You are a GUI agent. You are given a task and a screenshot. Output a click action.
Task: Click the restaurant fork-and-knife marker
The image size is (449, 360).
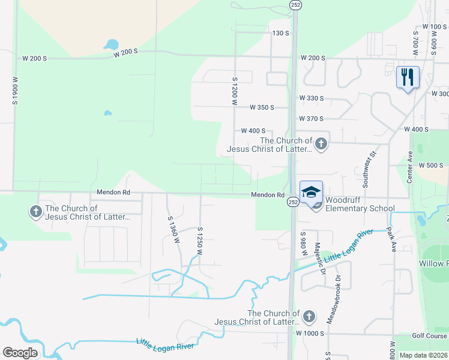408,77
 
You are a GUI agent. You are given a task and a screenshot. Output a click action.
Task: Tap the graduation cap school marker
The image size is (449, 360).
311,193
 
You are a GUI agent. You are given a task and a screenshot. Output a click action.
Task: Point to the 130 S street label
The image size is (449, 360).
281,33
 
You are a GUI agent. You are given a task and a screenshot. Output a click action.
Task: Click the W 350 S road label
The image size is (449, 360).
262,107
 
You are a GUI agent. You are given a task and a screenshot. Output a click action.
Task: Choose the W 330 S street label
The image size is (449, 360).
312,98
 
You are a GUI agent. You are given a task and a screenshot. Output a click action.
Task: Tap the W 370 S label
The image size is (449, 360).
312,119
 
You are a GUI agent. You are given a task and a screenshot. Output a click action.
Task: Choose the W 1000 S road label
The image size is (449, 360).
310,333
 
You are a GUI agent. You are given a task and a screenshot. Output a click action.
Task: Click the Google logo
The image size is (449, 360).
20,353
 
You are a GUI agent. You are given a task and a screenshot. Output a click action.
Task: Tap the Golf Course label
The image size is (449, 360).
429,336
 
